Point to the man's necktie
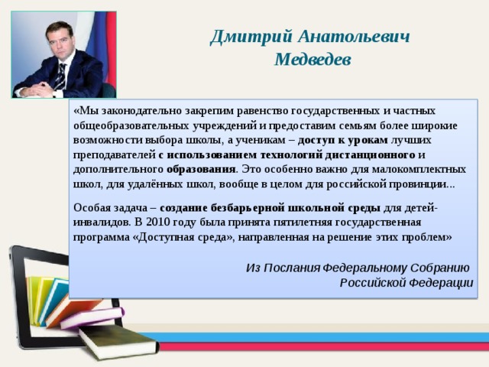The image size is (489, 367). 60,73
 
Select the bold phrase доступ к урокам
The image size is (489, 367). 343,141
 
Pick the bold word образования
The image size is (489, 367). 201,169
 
